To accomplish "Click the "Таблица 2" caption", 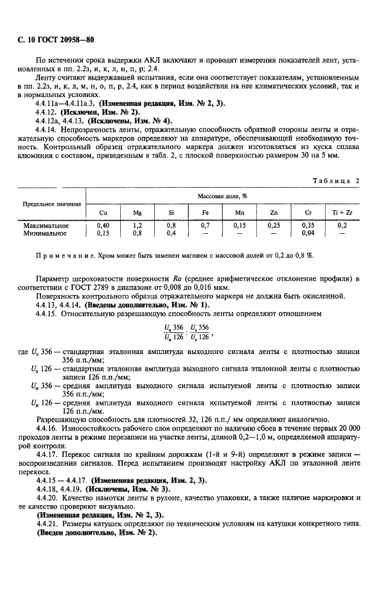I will (336, 181).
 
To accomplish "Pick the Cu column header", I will (103, 212).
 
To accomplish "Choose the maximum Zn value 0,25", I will (274, 226).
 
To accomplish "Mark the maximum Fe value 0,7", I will (206, 226).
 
